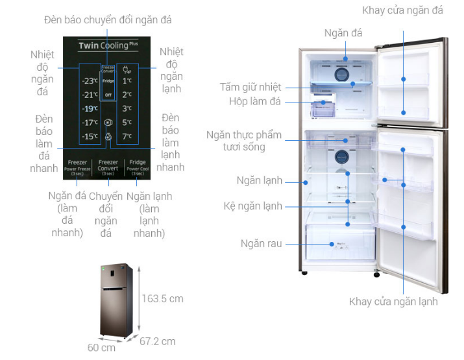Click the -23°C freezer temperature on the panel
[x=89, y=82]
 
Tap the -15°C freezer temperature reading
[x=89, y=136]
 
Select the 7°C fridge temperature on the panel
[x=127, y=136]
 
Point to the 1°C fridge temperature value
[x=127, y=82]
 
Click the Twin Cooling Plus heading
[x=108, y=46]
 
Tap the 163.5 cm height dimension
[x=162, y=298]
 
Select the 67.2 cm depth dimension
[x=157, y=341]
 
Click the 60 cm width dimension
[x=101, y=348]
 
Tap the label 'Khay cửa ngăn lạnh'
[x=393, y=302]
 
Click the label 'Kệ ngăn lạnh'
[x=253, y=206]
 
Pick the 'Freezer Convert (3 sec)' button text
[x=108, y=167]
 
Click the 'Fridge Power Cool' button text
[x=138, y=167]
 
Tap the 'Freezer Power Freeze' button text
[x=77, y=167]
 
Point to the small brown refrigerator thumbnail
[x=117, y=300]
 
